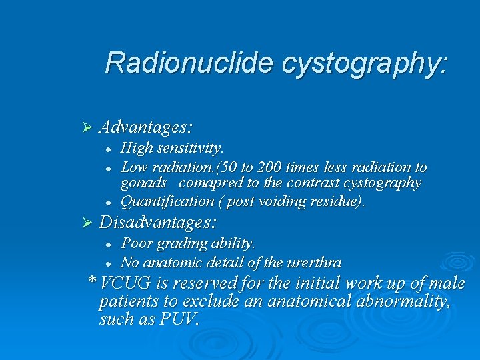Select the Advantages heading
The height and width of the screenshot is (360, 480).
[146, 126]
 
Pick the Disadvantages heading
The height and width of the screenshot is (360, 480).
[159, 221]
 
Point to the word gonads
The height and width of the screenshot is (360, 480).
[143, 183]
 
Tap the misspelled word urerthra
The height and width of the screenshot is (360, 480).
[315, 262]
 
